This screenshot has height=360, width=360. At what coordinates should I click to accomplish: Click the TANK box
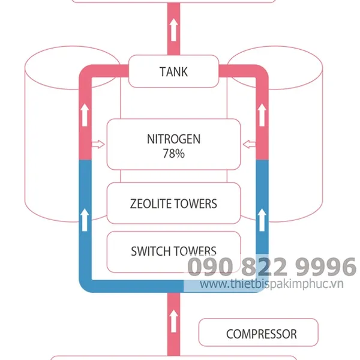173,71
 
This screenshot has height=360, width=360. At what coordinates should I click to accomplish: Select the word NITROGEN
173,139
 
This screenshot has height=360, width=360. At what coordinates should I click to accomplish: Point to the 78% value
173,154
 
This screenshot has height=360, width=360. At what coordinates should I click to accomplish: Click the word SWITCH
151,251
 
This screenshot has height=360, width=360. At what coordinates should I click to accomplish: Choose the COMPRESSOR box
261,334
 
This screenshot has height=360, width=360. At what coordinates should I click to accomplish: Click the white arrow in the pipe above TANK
173,30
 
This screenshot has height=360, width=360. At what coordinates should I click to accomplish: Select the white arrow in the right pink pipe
261,114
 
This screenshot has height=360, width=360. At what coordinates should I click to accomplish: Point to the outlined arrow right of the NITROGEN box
250,144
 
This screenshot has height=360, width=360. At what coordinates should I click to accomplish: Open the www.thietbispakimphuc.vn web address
271,284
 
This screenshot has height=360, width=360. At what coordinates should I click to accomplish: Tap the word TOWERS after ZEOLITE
196,203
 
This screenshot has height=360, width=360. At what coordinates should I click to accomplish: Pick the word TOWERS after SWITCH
196,251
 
